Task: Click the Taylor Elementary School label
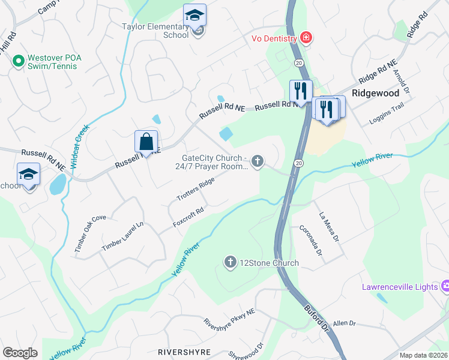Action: coord(155,31)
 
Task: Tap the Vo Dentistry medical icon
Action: coord(306,38)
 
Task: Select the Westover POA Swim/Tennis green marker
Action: coord(18,61)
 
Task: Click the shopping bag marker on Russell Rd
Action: coord(146,143)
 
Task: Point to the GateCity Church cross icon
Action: coord(258,160)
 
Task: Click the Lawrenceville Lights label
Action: coord(400,287)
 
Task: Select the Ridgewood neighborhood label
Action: coord(376,94)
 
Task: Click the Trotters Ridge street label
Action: coord(196,189)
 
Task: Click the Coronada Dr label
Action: coord(312,241)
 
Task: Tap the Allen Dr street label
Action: coord(345,323)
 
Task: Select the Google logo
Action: coord(20,352)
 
